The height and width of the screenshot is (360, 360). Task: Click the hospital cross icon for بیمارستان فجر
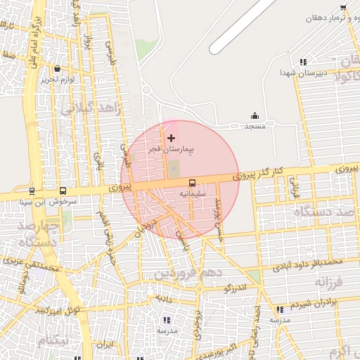point(172,138)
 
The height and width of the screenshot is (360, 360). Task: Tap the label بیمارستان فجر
point(172,150)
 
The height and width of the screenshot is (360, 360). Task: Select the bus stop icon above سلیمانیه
point(193,181)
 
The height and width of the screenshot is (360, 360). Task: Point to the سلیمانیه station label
point(193,191)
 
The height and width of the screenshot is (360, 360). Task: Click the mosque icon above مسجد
point(255,116)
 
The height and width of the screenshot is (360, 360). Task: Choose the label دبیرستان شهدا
point(302,72)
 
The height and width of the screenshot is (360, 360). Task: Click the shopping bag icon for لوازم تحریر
point(57,69)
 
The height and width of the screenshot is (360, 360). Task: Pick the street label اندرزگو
point(236,288)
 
